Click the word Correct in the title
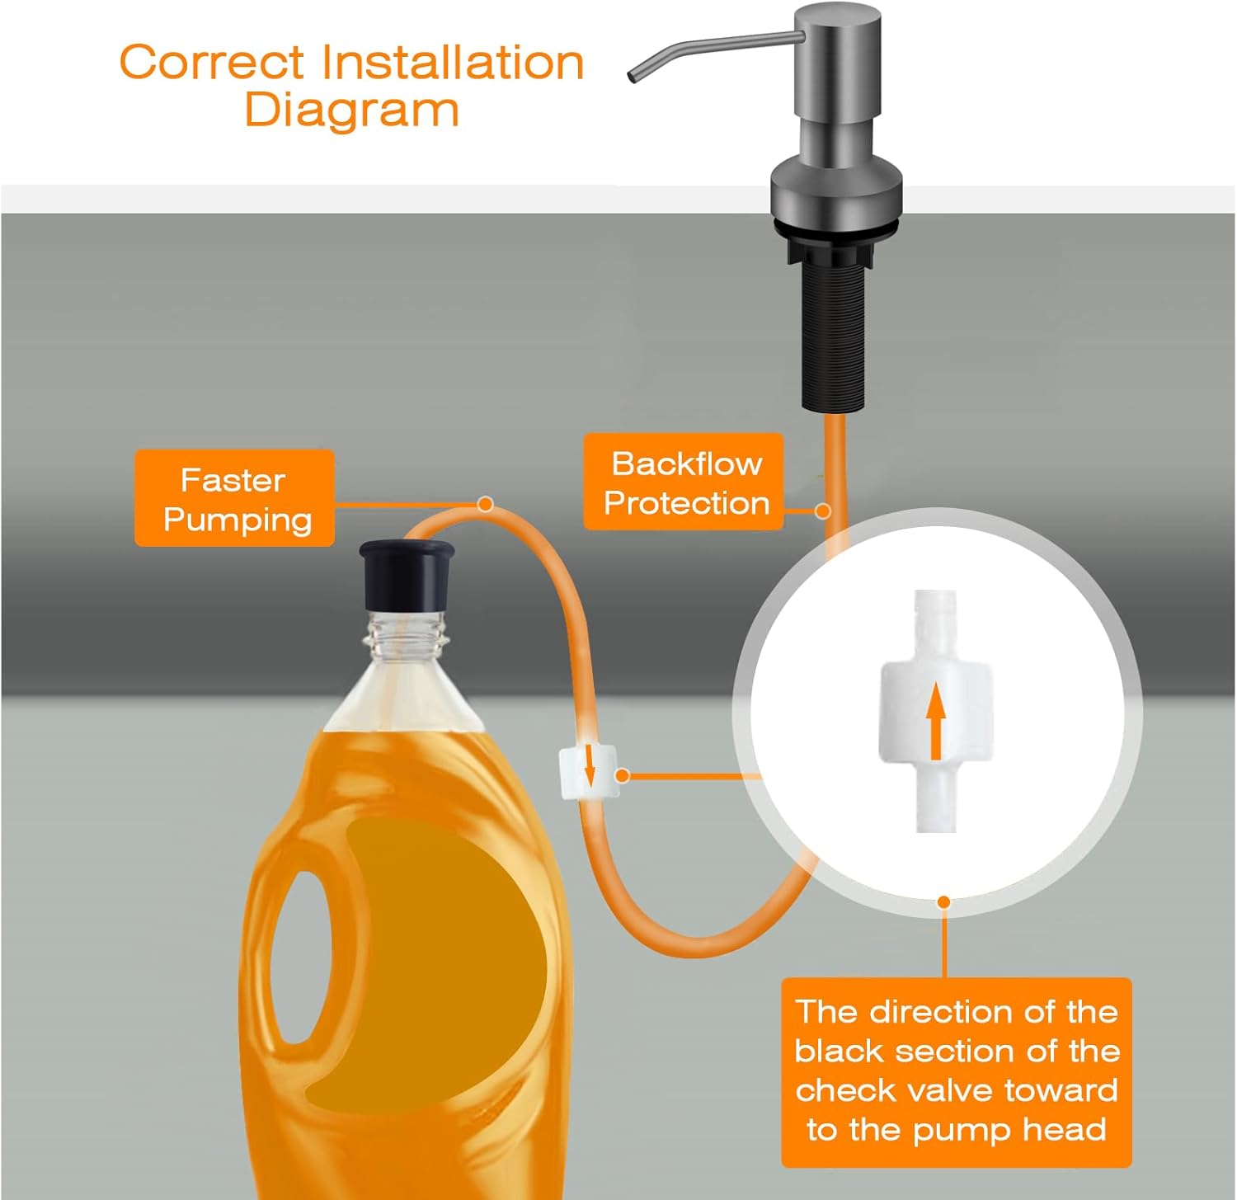point(212,63)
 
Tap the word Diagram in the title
point(351,111)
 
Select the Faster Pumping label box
point(234,498)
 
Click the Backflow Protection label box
point(684,482)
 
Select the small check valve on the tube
point(588,773)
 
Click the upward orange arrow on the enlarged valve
point(935,723)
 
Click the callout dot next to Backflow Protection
point(821,511)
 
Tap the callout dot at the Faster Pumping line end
point(486,504)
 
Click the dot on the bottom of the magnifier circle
point(944,902)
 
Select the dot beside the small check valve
point(623,775)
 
